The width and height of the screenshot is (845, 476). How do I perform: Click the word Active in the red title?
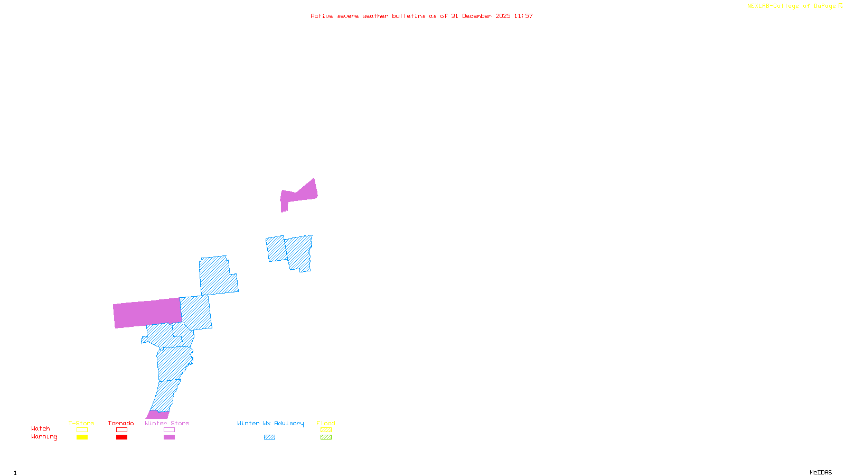(321, 16)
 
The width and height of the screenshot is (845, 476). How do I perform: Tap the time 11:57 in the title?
(523, 16)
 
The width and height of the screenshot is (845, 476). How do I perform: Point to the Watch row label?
(41, 428)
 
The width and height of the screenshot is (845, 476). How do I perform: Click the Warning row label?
(44, 437)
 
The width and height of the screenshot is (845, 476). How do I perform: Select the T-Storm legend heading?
(81, 423)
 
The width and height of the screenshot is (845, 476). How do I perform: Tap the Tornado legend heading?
(121, 423)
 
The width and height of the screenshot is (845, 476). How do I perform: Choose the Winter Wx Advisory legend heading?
(270, 423)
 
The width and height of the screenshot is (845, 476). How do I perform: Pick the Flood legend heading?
(326, 423)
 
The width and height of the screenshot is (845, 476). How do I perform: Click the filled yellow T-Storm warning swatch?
(82, 437)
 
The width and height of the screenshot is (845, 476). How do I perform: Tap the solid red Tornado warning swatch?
(122, 437)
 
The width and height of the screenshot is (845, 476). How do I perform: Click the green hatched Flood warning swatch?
(326, 437)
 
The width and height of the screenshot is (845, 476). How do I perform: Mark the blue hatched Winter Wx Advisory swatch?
(269, 437)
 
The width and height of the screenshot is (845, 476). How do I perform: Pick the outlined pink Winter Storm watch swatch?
(169, 430)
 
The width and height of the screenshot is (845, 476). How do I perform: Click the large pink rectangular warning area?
(147, 313)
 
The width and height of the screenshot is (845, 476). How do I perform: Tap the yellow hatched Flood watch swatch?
(326, 430)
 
